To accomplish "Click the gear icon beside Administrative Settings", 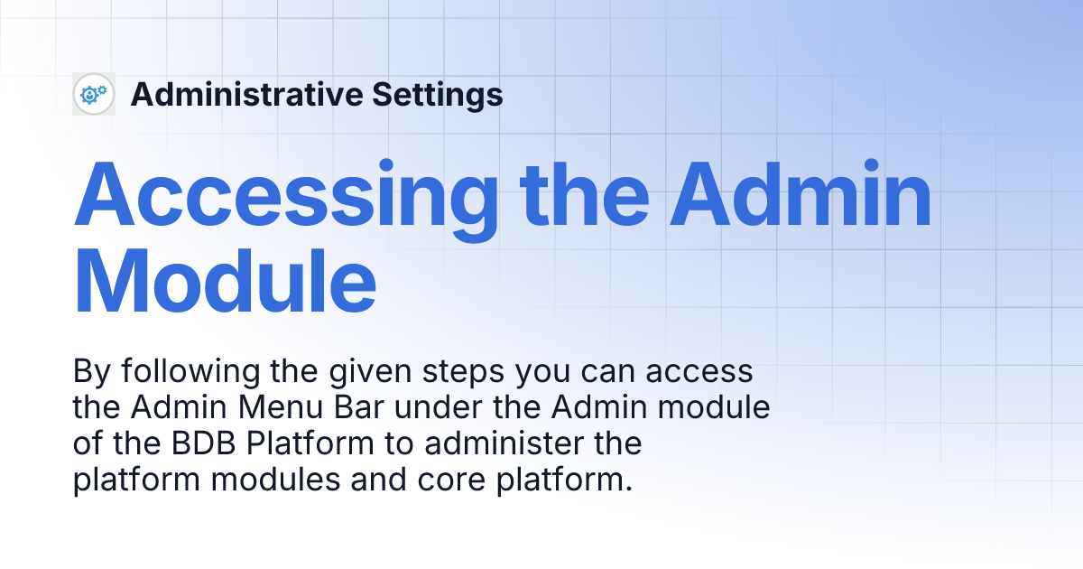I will [x=93, y=94].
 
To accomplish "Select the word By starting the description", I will [x=90, y=372].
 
